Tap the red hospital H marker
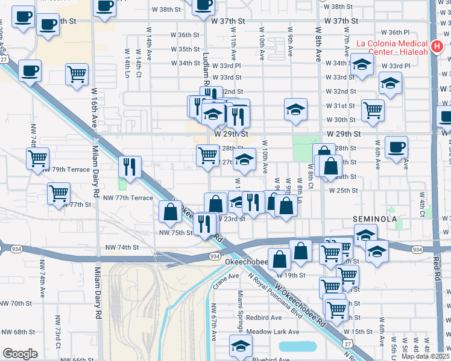(438, 46)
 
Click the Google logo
(20, 353)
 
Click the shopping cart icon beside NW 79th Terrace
(37, 158)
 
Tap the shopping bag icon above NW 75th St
(171, 211)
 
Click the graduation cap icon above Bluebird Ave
(241, 345)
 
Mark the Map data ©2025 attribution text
(426, 356)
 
